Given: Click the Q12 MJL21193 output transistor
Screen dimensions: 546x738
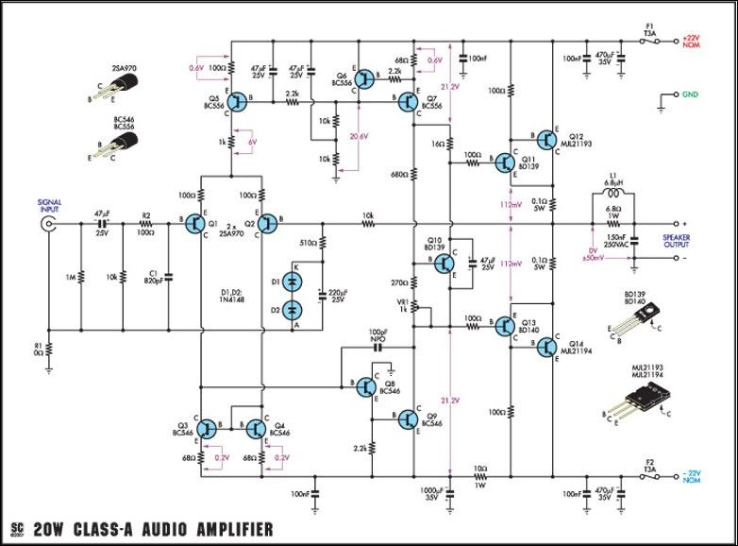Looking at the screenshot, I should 547,141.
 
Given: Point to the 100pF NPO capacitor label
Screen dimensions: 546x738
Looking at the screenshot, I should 377,334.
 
